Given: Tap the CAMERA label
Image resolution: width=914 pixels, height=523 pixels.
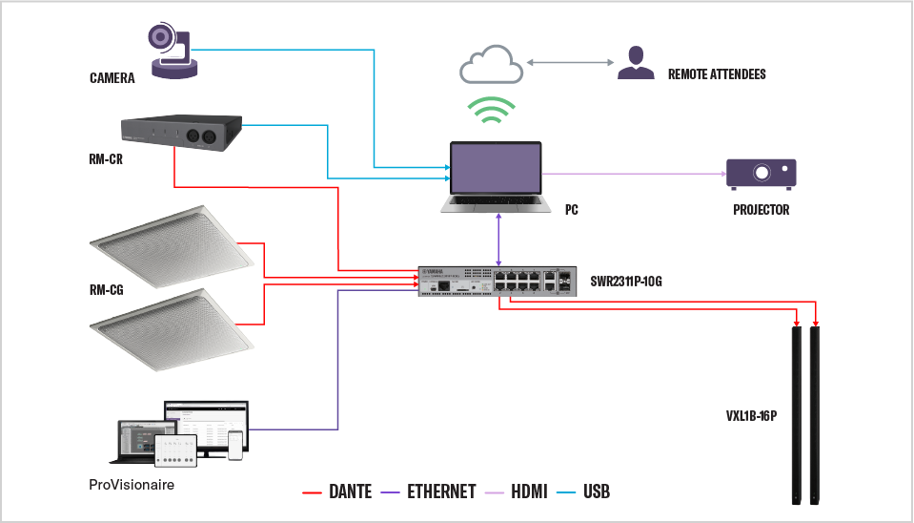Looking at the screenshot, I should pos(112,78).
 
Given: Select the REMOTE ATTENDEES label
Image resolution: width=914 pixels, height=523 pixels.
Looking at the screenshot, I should pos(717,73).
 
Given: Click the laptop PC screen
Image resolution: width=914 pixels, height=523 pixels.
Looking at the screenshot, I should pos(496,174).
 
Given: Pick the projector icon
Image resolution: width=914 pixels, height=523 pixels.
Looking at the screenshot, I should pos(762,173).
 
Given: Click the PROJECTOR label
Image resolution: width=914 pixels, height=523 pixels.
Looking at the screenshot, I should pos(761,210).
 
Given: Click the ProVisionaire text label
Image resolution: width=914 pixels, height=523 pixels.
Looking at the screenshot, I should pos(131,485).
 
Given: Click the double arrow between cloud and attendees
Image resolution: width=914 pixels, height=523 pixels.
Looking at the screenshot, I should pos(568,63).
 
